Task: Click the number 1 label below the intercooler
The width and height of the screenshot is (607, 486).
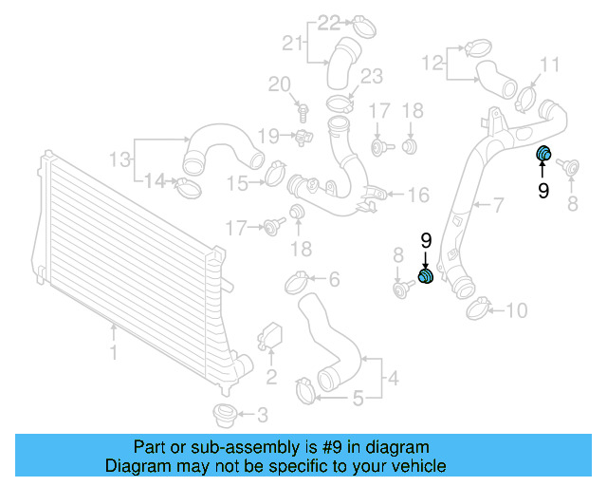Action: click(113, 353)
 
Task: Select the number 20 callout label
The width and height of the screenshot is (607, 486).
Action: click(278, 85)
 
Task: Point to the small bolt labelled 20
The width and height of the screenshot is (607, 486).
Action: click(302, 110)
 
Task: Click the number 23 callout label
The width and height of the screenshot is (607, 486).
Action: click(371, 76)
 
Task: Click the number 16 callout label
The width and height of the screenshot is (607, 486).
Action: click(417, 195)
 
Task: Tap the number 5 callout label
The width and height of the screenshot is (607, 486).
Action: click(358, 399)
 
